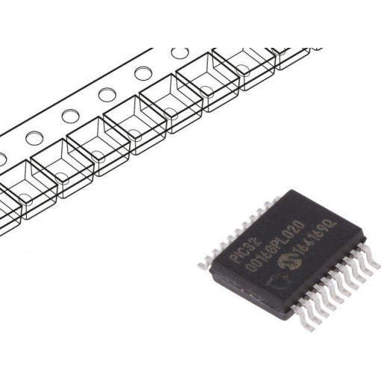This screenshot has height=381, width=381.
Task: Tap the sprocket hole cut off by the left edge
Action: point(2,158)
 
